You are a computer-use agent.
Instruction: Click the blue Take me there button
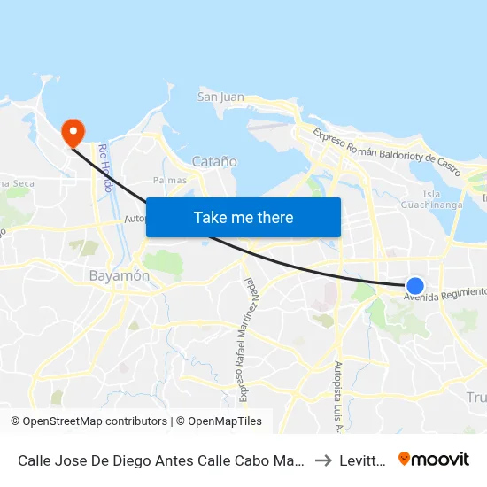click(243, 217)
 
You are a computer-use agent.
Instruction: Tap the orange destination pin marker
click(72, 133)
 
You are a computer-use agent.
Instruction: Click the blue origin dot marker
click(414, 285)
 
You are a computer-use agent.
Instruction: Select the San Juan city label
click(220, 97)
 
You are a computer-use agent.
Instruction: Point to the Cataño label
click(214, 161)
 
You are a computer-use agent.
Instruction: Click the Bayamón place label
click(120, 275)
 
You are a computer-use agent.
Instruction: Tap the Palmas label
click(170, 180)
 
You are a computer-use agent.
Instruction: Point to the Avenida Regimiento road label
click(445, 294)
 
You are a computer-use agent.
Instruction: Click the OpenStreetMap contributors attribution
click(89, 421)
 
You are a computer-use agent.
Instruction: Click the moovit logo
click(434, 459)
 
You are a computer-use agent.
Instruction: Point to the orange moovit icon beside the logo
click(405, 459)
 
